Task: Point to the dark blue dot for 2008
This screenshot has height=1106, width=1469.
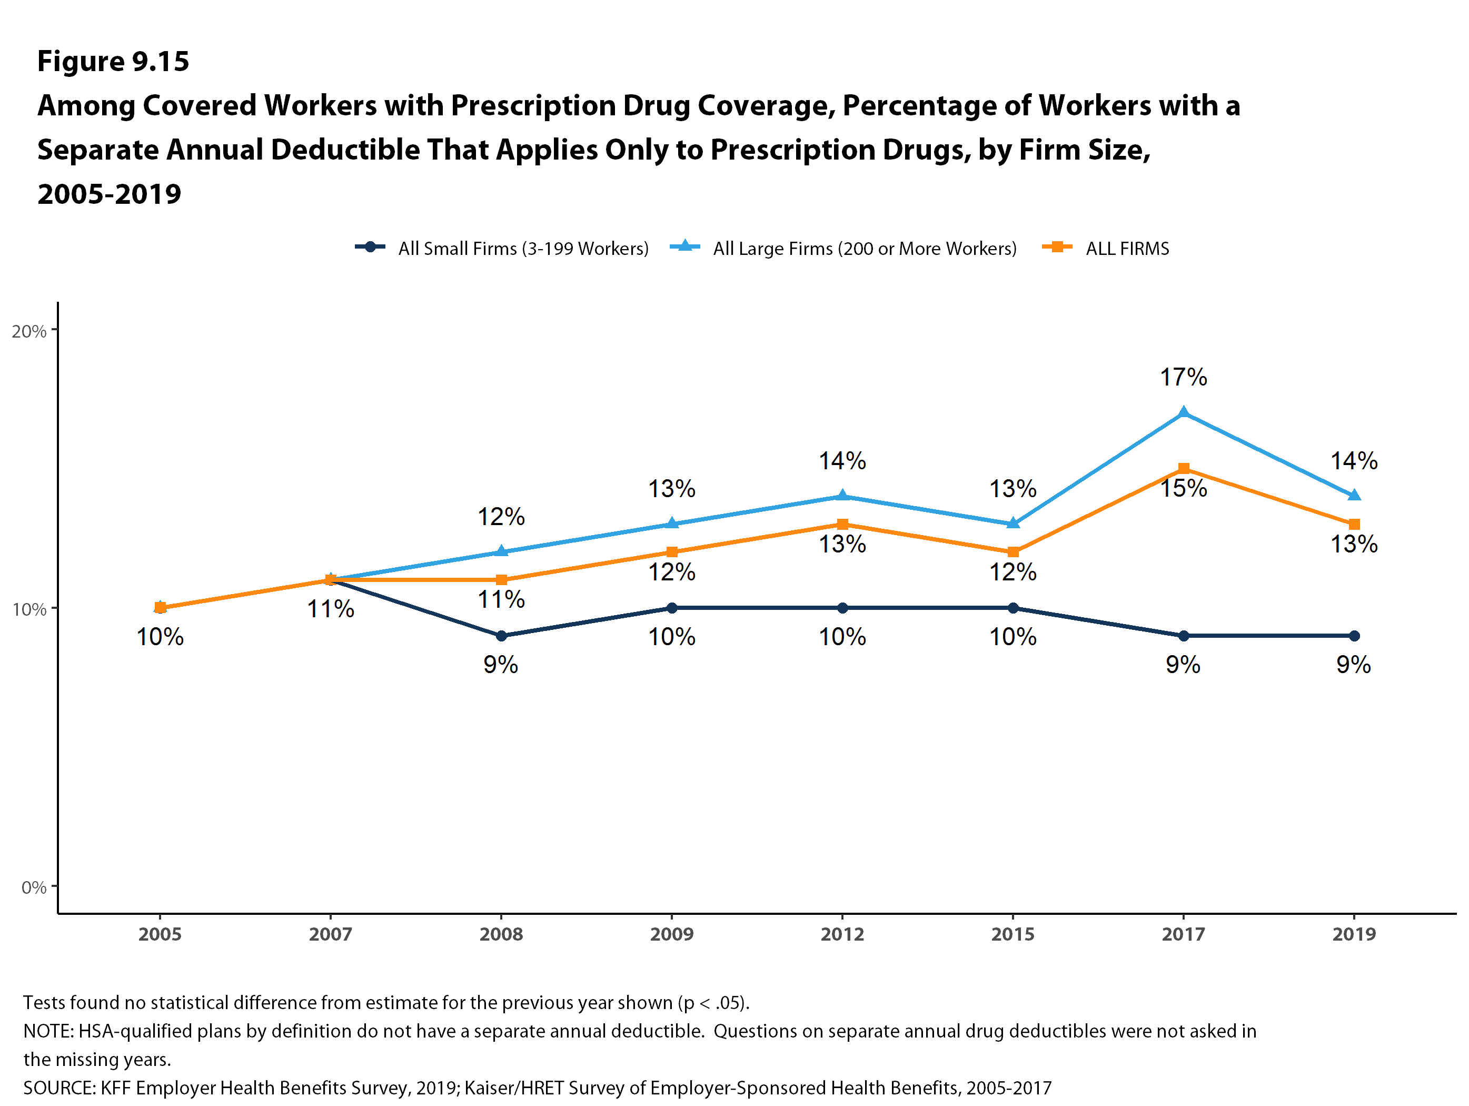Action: point(501,636)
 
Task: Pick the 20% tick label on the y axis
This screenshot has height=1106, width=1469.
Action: point(29,331)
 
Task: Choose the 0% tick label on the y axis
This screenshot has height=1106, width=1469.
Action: point(33,887)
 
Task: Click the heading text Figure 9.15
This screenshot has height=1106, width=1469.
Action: point(113,61)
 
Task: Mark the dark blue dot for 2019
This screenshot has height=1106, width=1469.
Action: point(1354,636)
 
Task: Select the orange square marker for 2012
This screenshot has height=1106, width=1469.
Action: point(842,524)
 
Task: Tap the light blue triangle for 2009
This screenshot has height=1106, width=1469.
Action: point(672,524)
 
